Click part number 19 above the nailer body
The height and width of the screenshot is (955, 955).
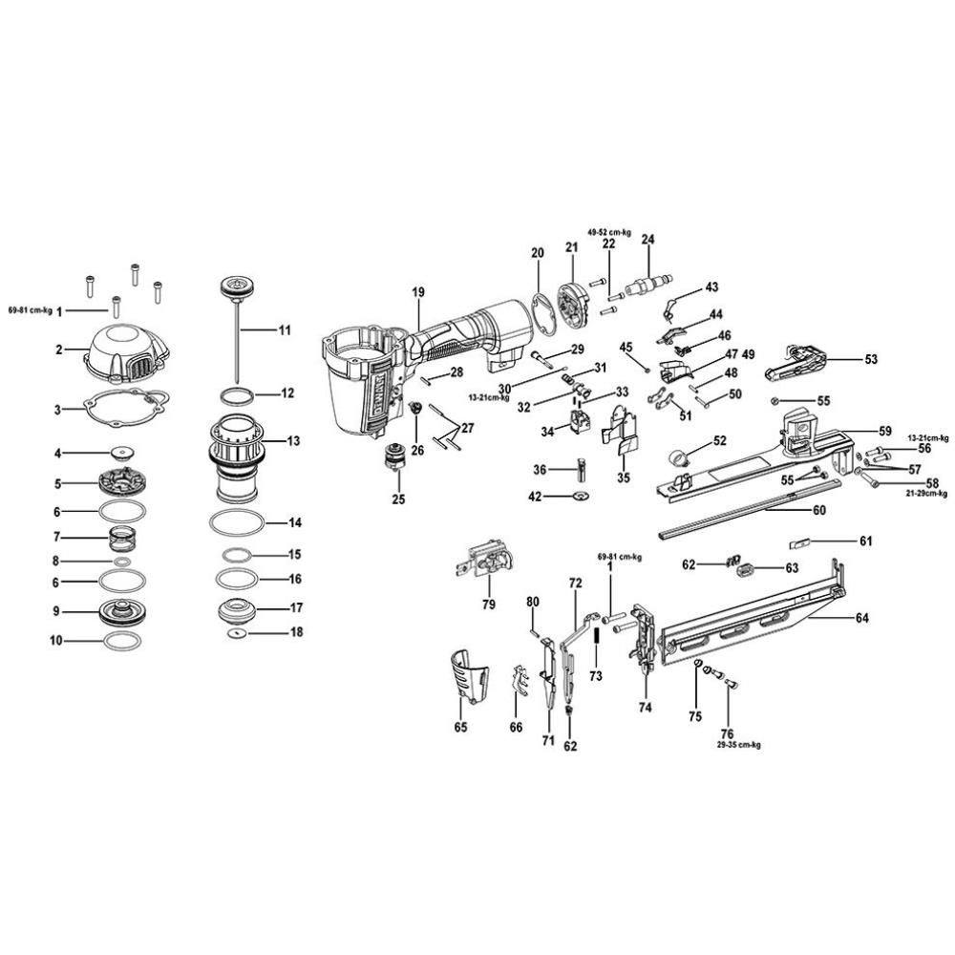coord(417,293)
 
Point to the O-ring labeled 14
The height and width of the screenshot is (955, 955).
coord(235,523)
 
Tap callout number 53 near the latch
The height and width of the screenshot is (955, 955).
coord(870,359)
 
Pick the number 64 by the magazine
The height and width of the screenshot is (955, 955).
coord(861,618)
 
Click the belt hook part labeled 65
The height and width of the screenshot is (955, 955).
coord(469,675)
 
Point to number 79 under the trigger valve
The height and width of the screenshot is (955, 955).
coord(488,605)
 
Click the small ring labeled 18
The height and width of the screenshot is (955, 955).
coord(236,631)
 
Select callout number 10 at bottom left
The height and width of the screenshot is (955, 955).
coord(56,643)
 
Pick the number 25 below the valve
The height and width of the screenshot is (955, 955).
coord(399,499)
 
